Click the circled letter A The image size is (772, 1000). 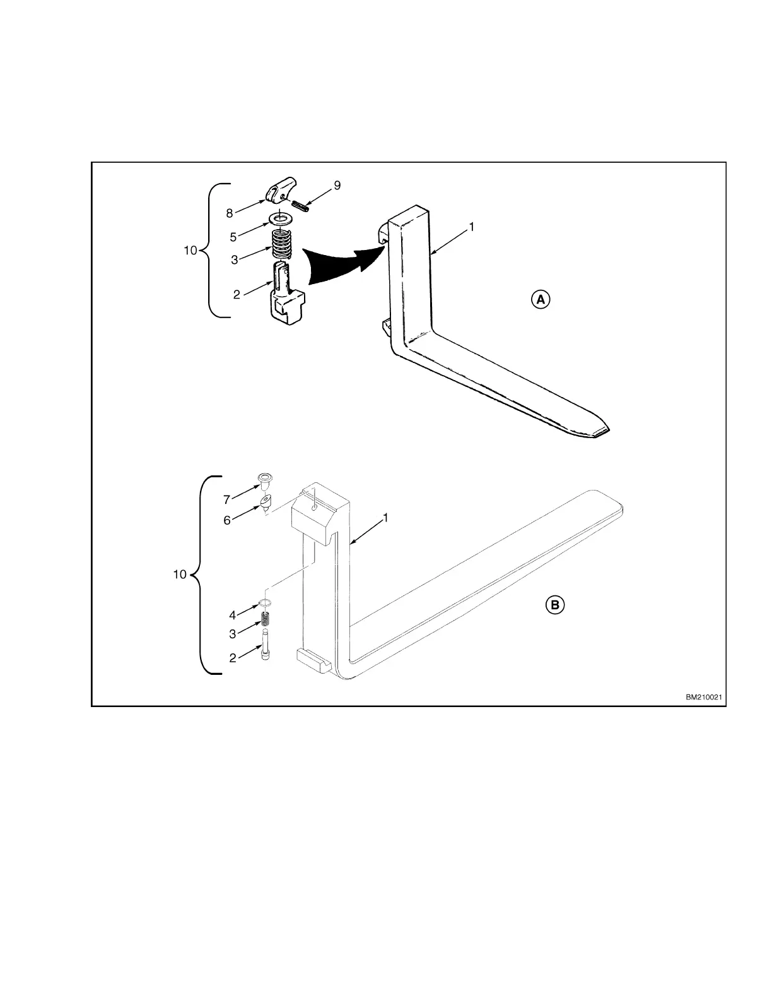click(540, 299)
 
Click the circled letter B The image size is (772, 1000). click(554, 605)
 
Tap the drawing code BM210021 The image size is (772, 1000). click(704, 698)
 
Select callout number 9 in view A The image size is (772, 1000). click(337, 185)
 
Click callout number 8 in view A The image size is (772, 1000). click(230, 213)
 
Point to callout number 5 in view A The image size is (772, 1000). click(233, 237)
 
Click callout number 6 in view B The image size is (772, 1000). click(226, 520)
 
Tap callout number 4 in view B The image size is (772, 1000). click(232, 615)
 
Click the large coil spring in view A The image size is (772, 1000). click(282, 243)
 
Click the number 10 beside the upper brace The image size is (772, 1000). click(190, 251)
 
